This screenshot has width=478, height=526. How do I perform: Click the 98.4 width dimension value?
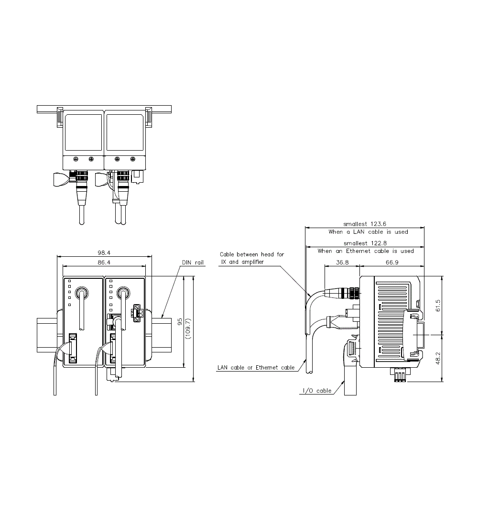(x=104, y=252)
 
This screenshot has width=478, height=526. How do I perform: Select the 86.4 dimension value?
(x=104, y=263)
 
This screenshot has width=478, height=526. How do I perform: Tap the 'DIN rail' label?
(x=193, y=263)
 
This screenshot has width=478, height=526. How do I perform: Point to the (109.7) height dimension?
(x=188, y=329)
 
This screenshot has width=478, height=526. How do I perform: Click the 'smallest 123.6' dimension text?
(x=365, y=224)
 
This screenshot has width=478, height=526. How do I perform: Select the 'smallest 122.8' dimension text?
(x=365, y=243)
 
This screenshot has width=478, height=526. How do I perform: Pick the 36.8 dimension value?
(x=342, y=263)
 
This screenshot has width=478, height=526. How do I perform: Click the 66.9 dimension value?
(x=392, y=263)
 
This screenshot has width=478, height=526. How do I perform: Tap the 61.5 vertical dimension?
(x=438, y=306)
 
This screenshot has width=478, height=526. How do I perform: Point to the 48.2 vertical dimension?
(x=438, y=358)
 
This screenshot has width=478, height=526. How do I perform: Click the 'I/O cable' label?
(x=317, y=391)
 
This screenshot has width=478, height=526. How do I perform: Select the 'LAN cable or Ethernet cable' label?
(x=256, y=368)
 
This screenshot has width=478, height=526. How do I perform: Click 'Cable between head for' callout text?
(x=252, y=254)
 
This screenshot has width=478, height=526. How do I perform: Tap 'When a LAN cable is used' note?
(x=369, y=232)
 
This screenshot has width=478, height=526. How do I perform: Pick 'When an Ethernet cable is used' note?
(x=366, y=251)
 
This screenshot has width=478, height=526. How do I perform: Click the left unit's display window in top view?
(x=83, y=132)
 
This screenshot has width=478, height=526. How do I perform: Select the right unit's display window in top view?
(x=125, y=132)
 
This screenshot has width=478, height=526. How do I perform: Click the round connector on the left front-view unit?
(x=82, y=292)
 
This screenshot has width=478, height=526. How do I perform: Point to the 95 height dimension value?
(x=180, y=322)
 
